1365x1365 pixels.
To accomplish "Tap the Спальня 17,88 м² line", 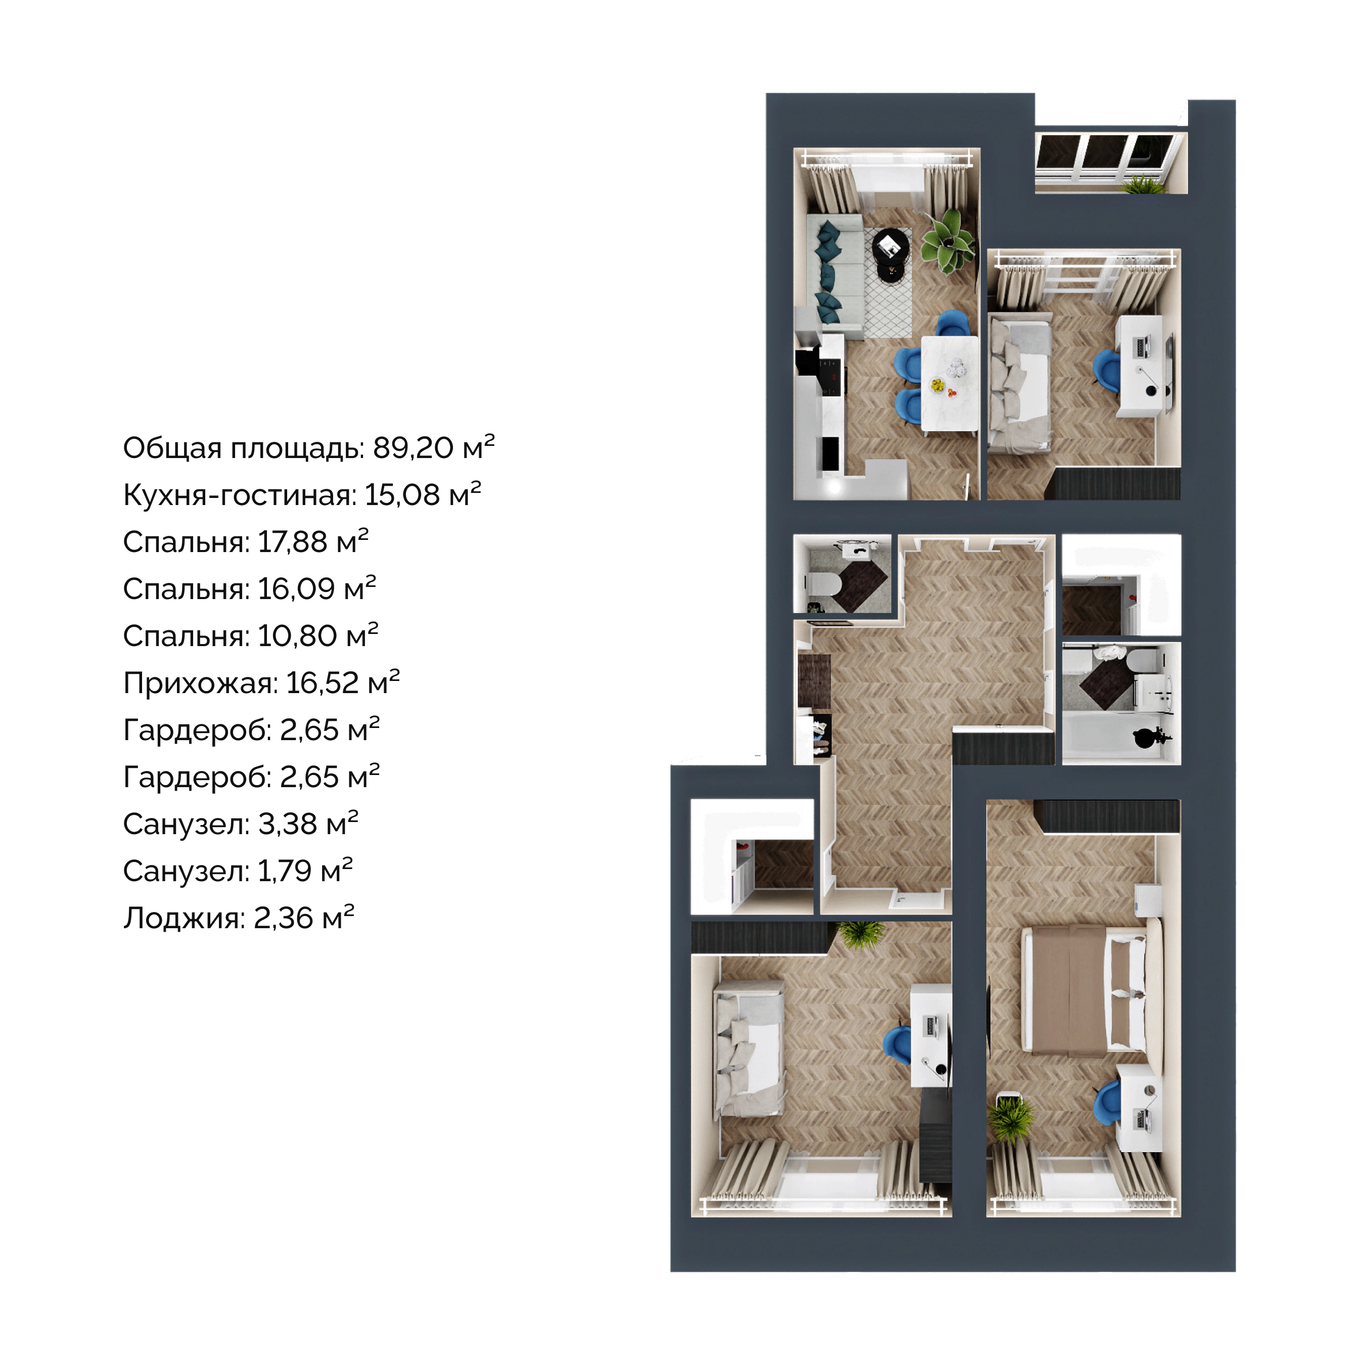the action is pyautogui.click(x=246, y=542).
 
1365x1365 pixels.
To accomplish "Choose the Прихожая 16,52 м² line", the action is pyautogui.click(x=261, y=683).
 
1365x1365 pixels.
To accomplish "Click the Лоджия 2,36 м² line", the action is pyautogui.click(x=239, y=918).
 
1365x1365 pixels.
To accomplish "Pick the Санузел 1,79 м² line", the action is pyautogui.click(x=238, y=871).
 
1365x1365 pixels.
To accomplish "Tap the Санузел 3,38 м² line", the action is pyautogui.click(x=241, y=824).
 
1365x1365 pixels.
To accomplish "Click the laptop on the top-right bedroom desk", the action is pyautogui.click(x=1142, y=347).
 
